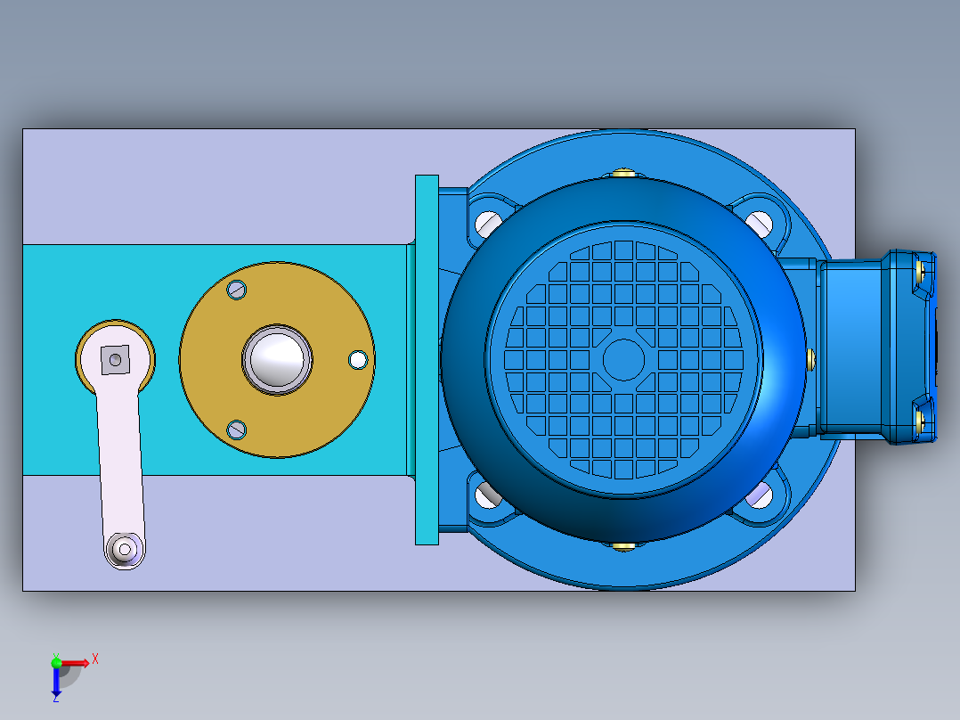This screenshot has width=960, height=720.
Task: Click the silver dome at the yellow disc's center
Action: pyautogui.click(x=278, y=358)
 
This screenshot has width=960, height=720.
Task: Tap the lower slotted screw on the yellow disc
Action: pyautogui.click(x=237, y=429)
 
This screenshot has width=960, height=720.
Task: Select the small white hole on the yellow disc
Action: pyautogui.click(x=358, y=359)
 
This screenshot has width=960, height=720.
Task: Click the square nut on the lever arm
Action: pyautogui.click(x=115, y=359)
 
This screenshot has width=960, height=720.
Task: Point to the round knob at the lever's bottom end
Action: pyautogui.click(x=123, y=548)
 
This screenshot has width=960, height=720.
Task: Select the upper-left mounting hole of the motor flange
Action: pyautogui.click(x=487, y=223)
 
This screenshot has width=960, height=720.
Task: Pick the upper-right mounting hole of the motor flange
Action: pyautogui.click(x=758, y=223)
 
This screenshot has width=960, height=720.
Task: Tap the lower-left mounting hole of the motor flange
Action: pyautogui.click(x=487, y=495)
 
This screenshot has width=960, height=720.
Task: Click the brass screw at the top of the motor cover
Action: pyautogui.click(x=623, y=174)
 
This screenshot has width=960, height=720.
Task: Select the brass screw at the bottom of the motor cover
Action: pyautogui.click(x=623, y=544)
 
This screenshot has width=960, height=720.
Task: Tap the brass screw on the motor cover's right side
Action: pyautogui.click(x=810, y=358)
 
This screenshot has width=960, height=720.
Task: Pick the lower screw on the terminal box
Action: pyautogui.click(x=922, y=419)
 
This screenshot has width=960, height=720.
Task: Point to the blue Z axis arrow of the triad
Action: pyautogui.click(x=56, y=683)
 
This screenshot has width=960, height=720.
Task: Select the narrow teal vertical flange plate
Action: pyautogui.click(x=427, y=359)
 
